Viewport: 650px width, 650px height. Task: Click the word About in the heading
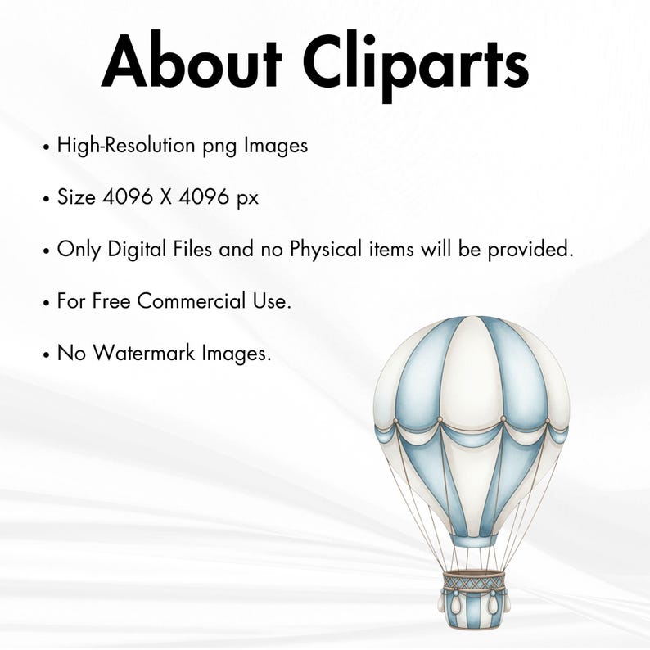pos(192,59)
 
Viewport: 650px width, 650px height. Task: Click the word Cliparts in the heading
pos(416,65)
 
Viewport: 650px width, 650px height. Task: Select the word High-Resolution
pos(126,146)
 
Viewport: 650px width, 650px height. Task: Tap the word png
pos(219,148)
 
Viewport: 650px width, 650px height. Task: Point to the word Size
pos(76,197)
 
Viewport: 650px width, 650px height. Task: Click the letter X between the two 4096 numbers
pos(166,197)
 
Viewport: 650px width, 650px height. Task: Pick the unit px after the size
pos(248,200)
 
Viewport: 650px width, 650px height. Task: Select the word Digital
pos(137,250)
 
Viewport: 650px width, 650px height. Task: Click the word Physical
pos(326,250)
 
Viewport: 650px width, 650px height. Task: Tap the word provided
pos(530,250)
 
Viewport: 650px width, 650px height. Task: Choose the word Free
pos(111,301)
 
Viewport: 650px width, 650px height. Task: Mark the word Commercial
pos(192,301)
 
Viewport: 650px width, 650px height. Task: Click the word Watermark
pos(144,353)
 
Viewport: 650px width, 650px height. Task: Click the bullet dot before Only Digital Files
pos(46,251)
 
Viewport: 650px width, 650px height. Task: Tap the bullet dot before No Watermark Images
pos(46,355)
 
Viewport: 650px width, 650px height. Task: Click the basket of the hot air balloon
pos(474,599)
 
